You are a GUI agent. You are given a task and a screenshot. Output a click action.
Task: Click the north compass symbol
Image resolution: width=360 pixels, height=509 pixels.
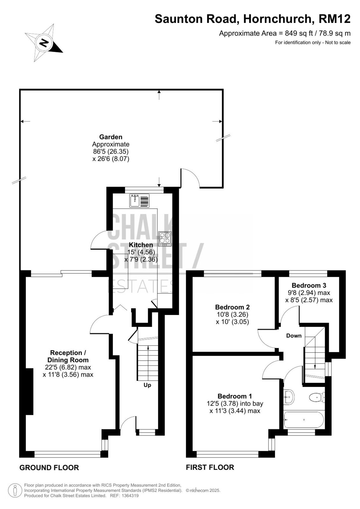(43, 43)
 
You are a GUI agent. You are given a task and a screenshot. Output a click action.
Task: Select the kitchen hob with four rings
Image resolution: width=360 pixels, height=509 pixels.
(165, 239)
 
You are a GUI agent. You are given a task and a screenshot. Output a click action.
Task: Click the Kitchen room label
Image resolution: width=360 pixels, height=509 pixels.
(141, 245)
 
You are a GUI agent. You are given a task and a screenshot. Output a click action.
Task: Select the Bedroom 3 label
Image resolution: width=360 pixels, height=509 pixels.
(309, 285)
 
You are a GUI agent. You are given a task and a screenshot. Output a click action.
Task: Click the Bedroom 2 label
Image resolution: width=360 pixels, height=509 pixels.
(232, 307)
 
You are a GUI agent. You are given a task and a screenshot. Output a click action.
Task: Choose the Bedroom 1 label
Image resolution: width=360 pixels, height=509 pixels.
(235, 396)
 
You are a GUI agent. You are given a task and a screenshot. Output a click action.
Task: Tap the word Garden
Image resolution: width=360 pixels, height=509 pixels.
(111, 137)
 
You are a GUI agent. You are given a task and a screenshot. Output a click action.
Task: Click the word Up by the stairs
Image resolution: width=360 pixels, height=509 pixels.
(147, 385)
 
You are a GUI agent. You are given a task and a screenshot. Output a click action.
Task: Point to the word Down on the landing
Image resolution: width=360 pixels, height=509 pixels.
(294, 336)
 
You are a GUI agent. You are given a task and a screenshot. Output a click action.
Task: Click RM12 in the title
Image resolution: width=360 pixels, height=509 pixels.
(335, 19)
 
